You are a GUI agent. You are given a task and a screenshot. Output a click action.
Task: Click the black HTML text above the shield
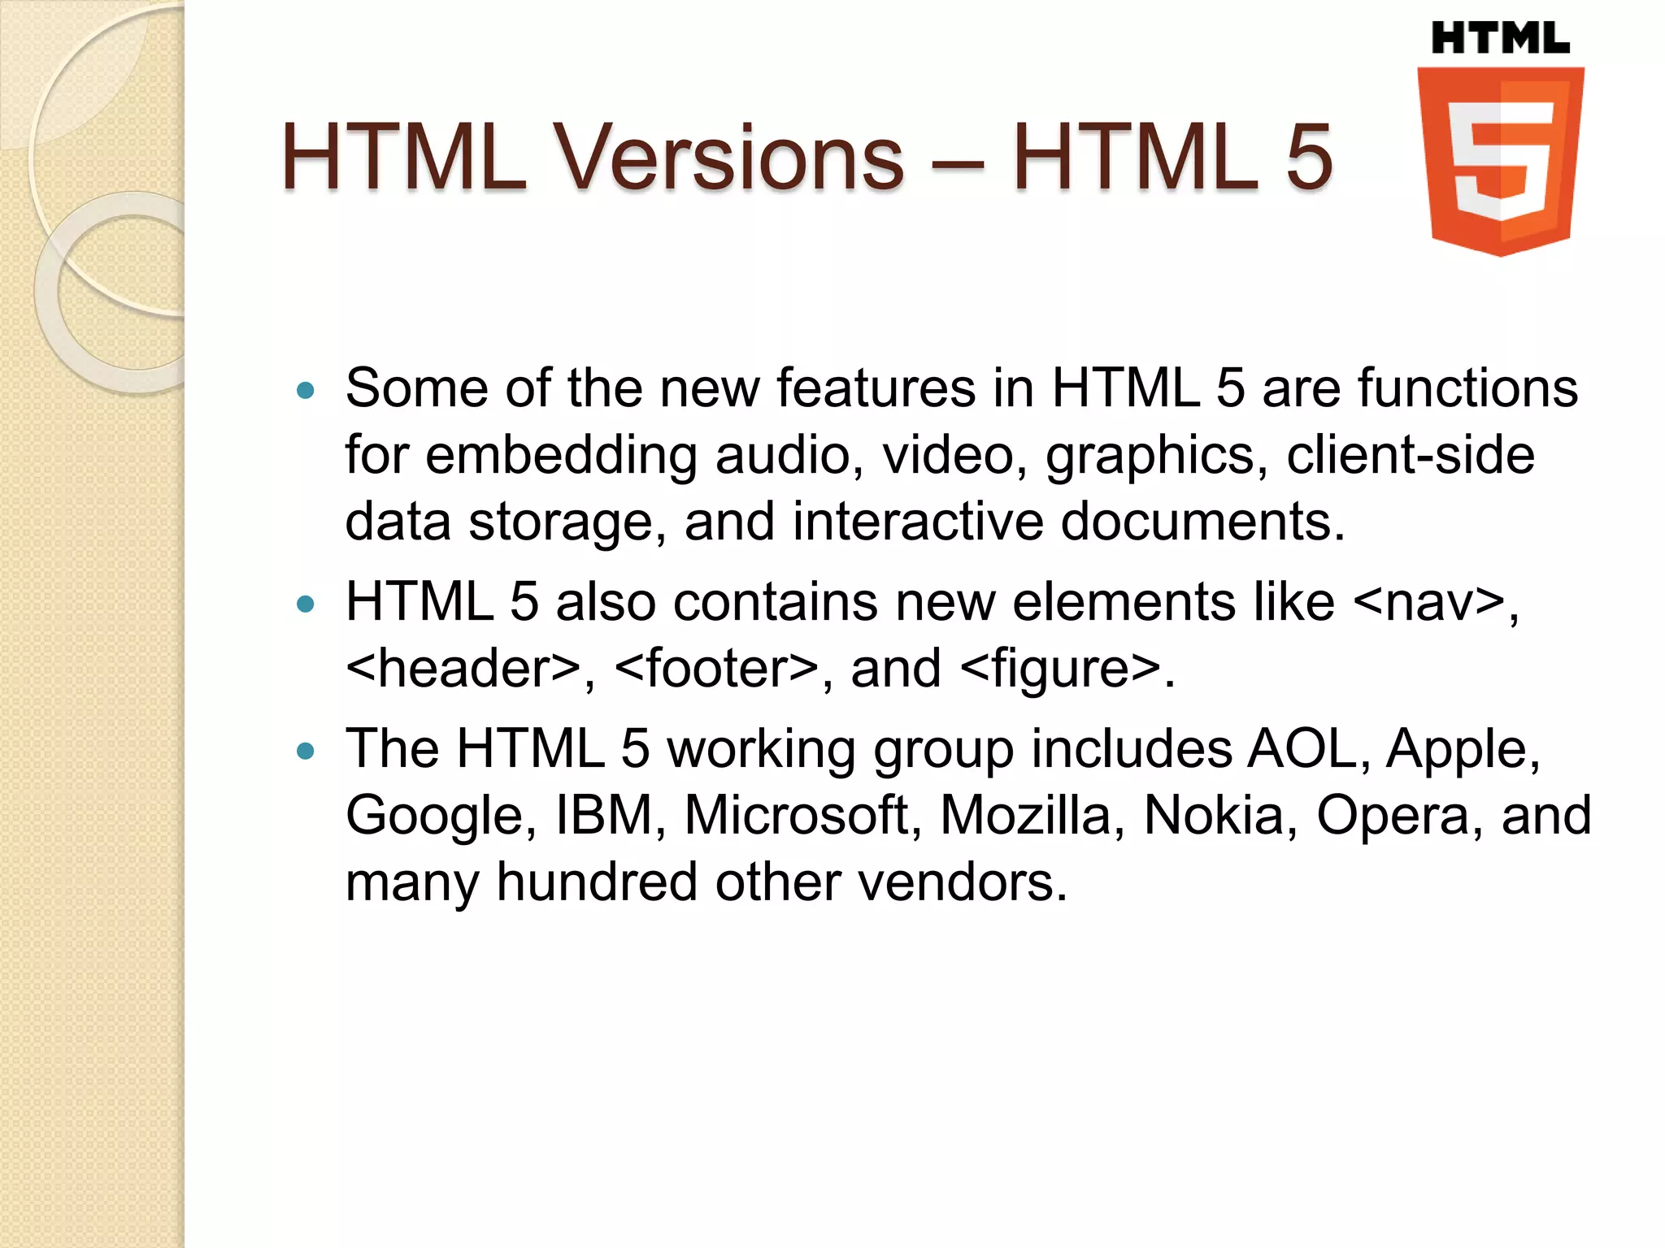point(1500,39)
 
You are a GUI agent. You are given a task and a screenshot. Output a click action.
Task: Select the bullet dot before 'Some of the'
point(306,391)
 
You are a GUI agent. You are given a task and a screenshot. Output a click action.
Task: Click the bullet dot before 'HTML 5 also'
point(306,604)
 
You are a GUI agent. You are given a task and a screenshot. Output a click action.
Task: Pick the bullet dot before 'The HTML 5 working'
point(306,751)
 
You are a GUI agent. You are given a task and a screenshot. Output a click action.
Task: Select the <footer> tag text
point(716,669)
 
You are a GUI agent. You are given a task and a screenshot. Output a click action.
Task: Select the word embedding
point(561,454)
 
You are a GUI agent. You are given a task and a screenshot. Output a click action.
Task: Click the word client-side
point(1410,454)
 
